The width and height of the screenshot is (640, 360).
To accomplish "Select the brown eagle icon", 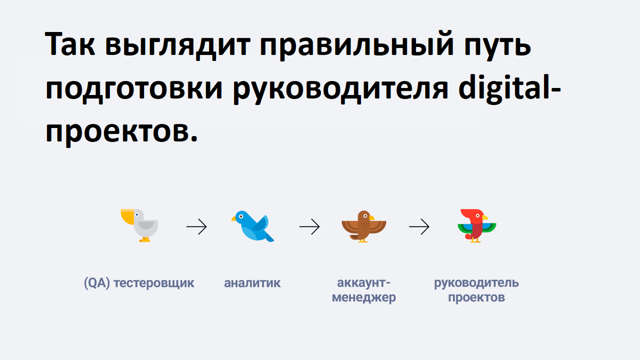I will coord(363,226).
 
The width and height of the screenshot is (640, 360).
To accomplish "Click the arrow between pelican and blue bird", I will coord(196,227).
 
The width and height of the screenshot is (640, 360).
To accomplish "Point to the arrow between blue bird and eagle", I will coord(309,227).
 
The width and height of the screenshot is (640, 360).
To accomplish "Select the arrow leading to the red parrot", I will coord(419,227).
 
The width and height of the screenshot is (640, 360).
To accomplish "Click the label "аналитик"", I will coord(252,283).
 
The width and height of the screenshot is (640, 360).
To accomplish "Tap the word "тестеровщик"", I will coord(154,283).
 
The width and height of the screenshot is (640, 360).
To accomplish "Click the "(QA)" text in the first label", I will coord(97,283).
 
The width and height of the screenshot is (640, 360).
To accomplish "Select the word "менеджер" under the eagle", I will coord(364,298).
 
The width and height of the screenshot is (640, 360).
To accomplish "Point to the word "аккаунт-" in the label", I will coord(364,283).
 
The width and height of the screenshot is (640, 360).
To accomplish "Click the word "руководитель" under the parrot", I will coord(476,283).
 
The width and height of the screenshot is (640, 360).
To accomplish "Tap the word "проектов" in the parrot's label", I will coord(476,298).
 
